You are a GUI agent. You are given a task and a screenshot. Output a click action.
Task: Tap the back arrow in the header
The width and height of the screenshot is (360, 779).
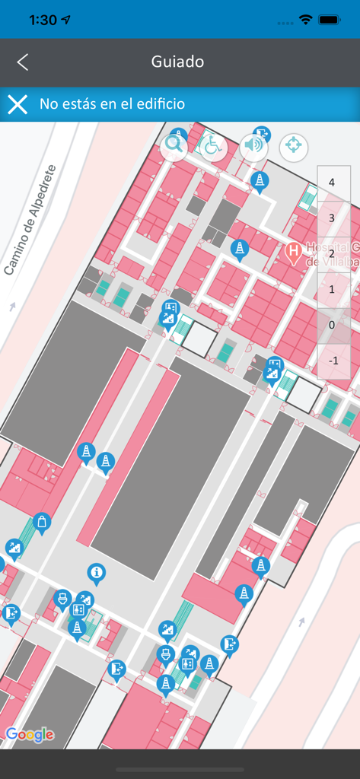(x=23, y=62)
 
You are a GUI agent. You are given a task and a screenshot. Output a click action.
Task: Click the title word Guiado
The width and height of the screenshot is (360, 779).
(x=177, y=62)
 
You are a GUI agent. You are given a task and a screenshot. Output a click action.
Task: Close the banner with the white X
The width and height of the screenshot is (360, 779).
(x=18, y=104)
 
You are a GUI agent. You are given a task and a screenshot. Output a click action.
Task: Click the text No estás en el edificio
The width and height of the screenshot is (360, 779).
(x=112, y=104)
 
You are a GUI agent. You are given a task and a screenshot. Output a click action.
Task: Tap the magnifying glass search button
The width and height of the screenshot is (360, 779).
(x=174, y=145)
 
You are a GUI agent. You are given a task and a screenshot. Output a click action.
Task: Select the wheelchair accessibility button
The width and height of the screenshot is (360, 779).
(x=213, y=145)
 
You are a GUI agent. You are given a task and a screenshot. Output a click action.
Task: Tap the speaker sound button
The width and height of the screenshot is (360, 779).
(x=254, y=145)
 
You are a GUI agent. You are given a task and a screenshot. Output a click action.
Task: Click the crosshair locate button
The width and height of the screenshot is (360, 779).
(x=294, y=145)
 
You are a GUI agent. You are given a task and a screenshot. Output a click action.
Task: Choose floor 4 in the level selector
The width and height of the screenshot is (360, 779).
(x=332, y=183)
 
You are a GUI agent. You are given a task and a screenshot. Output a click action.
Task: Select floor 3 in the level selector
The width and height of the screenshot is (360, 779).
(x=332, y=218)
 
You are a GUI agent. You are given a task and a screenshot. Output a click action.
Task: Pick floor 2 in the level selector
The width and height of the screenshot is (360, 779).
(x=332, y=253)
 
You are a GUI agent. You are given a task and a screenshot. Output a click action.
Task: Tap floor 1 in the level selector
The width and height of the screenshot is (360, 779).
(x=332, y=289)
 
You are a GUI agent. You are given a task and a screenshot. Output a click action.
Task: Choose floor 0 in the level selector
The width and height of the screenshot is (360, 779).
(x=332, y=325)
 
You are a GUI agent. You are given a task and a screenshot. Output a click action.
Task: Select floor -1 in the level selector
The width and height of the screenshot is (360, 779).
(x=332, y=361)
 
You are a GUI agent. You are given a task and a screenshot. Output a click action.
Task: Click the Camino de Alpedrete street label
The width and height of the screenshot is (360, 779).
(x=30, y=221)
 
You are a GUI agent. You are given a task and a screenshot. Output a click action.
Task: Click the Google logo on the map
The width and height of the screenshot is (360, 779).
(x=30, y=734)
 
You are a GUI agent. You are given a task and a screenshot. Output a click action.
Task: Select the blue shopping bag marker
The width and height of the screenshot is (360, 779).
(x=43, y=521)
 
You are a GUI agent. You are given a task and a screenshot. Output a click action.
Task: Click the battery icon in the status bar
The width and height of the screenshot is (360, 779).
(x=330, y=20)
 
